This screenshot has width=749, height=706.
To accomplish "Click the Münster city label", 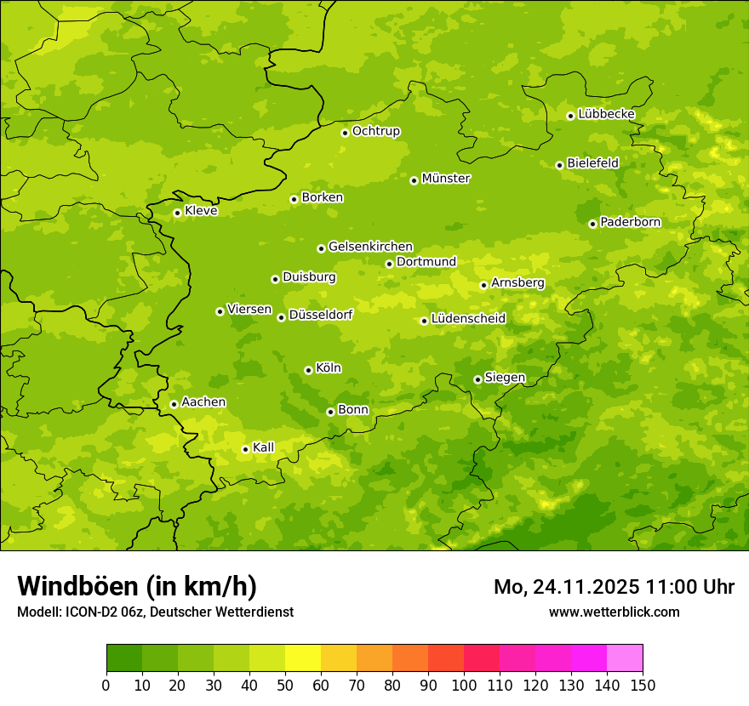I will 446,179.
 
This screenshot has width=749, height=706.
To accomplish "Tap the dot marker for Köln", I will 308,370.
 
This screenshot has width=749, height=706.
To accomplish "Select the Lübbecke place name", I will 606,114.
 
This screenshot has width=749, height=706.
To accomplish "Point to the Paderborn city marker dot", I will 592,224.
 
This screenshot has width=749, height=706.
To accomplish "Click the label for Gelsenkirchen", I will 370,247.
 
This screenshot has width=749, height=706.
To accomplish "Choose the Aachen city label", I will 203,402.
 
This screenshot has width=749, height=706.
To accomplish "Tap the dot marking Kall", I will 245,449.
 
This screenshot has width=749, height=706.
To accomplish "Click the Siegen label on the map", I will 505,378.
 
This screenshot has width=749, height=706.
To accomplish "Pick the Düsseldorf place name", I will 321,315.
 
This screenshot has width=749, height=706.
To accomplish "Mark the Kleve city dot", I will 177,213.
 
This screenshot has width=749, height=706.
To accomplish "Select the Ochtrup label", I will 375,131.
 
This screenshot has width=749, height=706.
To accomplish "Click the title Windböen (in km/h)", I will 137,586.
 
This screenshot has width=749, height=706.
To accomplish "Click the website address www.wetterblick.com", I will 614,612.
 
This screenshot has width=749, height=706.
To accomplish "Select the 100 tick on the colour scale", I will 464,685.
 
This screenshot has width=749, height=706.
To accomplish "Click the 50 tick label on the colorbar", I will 285,685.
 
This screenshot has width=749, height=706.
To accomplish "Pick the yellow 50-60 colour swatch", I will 303,658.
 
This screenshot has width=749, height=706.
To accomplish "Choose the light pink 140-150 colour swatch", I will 625,658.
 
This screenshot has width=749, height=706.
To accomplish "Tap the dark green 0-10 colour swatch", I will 124,658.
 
